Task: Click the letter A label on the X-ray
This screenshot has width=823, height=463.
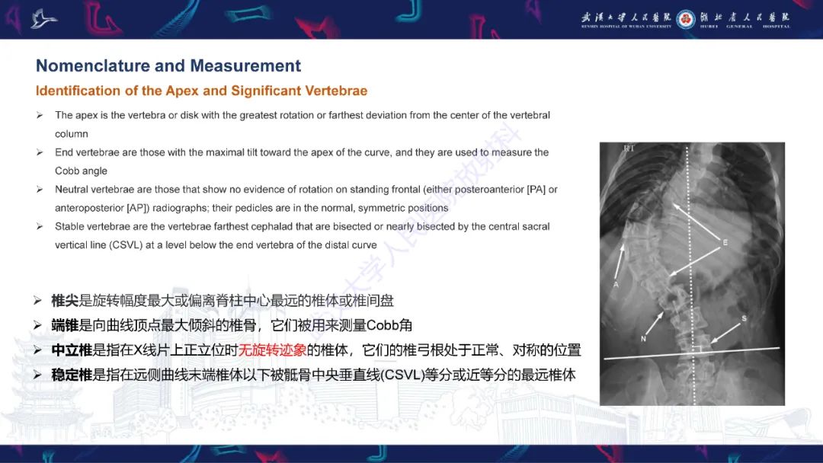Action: (616, 283)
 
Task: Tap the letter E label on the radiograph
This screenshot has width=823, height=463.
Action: (725, 242)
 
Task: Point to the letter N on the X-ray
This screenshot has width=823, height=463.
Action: (644, 338)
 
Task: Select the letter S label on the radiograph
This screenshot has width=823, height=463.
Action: (745, 317)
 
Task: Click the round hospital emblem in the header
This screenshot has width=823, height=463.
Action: (685, 18)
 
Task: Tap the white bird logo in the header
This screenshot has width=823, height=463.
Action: (44, 18)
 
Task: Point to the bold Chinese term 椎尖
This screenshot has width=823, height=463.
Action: (65, 301)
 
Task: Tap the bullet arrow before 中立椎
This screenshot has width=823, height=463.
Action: (38, 350)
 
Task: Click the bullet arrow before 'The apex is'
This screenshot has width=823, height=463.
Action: (40, 115)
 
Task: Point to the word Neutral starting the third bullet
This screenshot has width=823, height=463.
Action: (74, 189)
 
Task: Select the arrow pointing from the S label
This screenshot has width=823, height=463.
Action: (724, 330)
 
